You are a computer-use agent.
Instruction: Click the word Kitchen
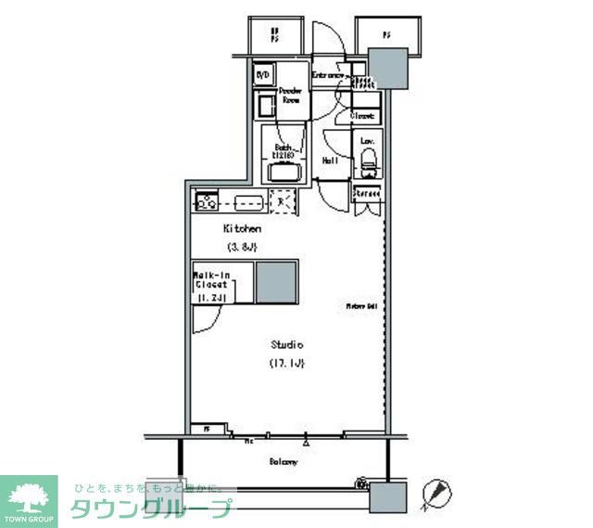click(241, 228)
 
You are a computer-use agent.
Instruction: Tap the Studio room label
click(287, 344)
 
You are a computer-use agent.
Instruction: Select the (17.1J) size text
click(287, 362)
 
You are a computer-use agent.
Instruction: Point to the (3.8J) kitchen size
click(241, 247)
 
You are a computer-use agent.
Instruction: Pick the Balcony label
click(284, 462)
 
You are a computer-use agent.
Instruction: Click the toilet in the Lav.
click(368, 165)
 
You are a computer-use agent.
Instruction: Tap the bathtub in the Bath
click(283, 173)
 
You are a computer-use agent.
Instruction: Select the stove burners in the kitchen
click(206, 200)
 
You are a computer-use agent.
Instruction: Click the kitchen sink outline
click(247, 201)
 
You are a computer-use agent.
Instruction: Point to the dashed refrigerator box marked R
click(282, 200)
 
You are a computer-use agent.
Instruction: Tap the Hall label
click(329, 161)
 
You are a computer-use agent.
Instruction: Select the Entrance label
click(328, 75)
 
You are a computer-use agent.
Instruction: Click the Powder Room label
click(290, 96)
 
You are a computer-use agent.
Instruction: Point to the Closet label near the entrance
click(363, 116)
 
